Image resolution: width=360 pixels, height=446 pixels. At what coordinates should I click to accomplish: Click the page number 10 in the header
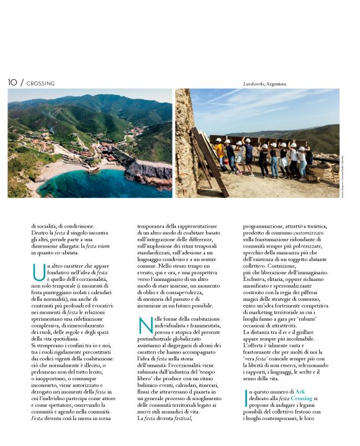12,83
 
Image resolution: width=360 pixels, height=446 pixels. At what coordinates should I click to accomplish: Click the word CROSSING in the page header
40,83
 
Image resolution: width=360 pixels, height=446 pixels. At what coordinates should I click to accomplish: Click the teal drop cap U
38,271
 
